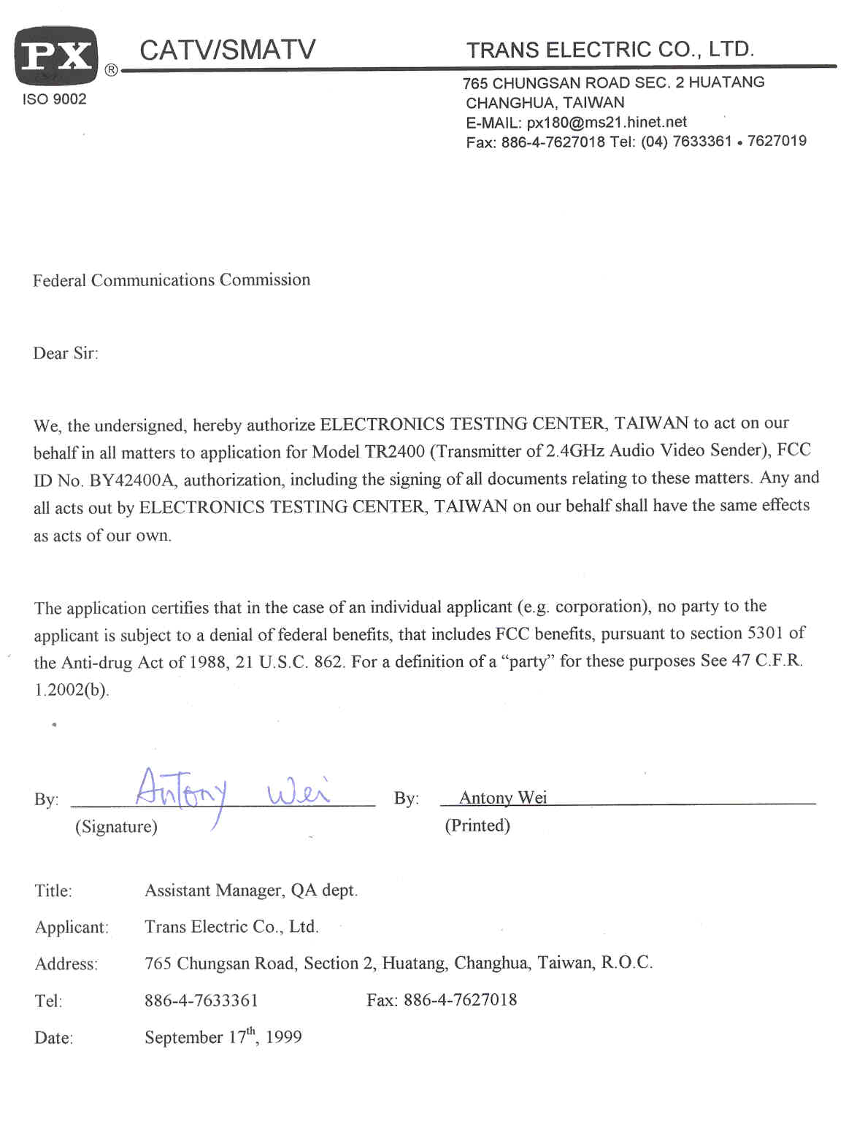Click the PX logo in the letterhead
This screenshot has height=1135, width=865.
(55, 55)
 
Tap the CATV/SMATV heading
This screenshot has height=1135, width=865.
(227, 50)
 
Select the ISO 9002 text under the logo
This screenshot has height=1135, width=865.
(54, 99)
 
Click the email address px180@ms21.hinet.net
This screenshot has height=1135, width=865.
(607, 122)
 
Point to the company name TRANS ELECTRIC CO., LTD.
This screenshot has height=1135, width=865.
(610, 49)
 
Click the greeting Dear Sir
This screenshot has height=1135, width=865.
(65, 353)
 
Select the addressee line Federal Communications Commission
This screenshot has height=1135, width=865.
(172, 280)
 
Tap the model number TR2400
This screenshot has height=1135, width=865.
(394, 452)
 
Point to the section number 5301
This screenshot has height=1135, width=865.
(764, 633)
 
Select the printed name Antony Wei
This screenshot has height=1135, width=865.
(503, 798)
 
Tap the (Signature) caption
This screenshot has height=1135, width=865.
(116, 826)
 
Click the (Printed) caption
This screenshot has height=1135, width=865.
(477, 826)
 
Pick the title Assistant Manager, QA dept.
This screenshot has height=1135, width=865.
(251, 890)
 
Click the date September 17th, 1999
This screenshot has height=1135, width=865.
(223, 1036)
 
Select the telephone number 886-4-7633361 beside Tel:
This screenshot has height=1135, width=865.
(201, 1000)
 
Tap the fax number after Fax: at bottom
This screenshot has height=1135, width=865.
(460, 1000)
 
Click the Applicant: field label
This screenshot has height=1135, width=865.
(72, 928)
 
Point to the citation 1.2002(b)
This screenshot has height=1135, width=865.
(72, 690)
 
